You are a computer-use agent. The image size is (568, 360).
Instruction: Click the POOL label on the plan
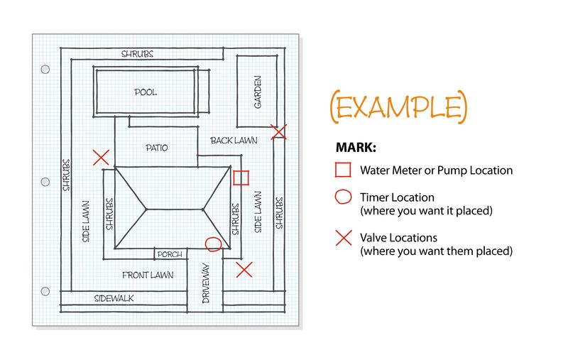[146, 92]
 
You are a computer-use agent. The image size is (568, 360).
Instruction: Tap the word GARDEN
[258, 92]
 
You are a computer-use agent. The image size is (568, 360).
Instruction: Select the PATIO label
[157, 148]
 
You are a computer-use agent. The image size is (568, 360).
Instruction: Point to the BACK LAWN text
[234, 140]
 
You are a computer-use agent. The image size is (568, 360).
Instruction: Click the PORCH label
[170, 254]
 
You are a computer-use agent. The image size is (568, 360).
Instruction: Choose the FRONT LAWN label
[148, 276]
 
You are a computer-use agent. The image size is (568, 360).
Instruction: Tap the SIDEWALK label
[114, 298]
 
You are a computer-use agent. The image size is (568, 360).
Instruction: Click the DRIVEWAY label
[206, 283]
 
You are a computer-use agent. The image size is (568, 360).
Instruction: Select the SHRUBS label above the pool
[137, 54]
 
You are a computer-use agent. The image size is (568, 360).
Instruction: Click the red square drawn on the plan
[241, 178]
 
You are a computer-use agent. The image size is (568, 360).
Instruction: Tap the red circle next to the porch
[214, 244]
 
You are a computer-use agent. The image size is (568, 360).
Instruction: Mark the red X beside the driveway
[244, 270]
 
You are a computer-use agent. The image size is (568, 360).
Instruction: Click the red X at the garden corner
[279, 132]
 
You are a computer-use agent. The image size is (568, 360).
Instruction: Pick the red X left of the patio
[101, 158]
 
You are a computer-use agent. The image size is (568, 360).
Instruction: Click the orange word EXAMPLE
[399, 107]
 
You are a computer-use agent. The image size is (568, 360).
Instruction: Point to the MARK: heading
[356, 148]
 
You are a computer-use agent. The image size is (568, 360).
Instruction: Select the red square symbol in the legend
[343, 170]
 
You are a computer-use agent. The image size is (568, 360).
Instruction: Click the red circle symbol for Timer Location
[343, 197]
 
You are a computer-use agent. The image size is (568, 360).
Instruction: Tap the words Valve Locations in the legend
[398, 238]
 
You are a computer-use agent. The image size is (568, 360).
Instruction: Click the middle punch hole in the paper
[45, 182]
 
